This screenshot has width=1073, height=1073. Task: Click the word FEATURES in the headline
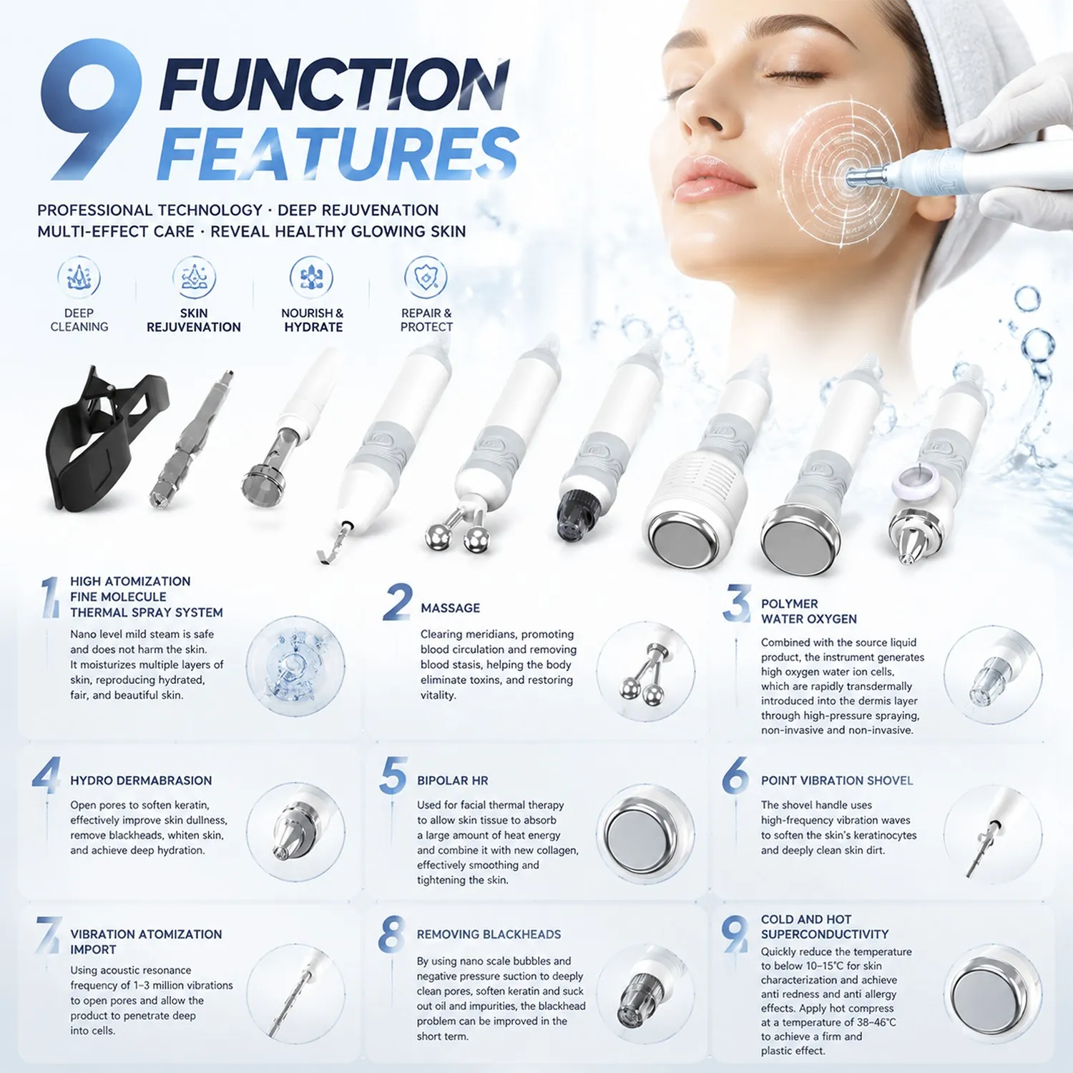point(338,153)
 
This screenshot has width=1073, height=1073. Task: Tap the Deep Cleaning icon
point(79,278)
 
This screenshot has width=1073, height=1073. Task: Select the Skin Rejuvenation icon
point(194,278)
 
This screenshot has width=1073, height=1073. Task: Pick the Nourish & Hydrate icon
point(311,278)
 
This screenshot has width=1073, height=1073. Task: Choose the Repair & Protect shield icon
point(426,278)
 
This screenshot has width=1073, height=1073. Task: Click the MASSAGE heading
point(450,608)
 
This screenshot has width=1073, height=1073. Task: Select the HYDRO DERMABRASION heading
point(141,780)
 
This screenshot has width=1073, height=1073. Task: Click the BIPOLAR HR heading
point(452,780)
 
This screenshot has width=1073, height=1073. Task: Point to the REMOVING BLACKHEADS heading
point(489,934)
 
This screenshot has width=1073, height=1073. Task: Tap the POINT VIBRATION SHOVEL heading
point(837,780)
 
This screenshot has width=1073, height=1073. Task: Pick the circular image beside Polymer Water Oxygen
point(993,675)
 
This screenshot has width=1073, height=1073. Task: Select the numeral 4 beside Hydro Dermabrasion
point(46,775)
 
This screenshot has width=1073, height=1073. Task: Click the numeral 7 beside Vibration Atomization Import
point(49,935)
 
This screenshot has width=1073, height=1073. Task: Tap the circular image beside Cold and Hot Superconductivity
point(993,994)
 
